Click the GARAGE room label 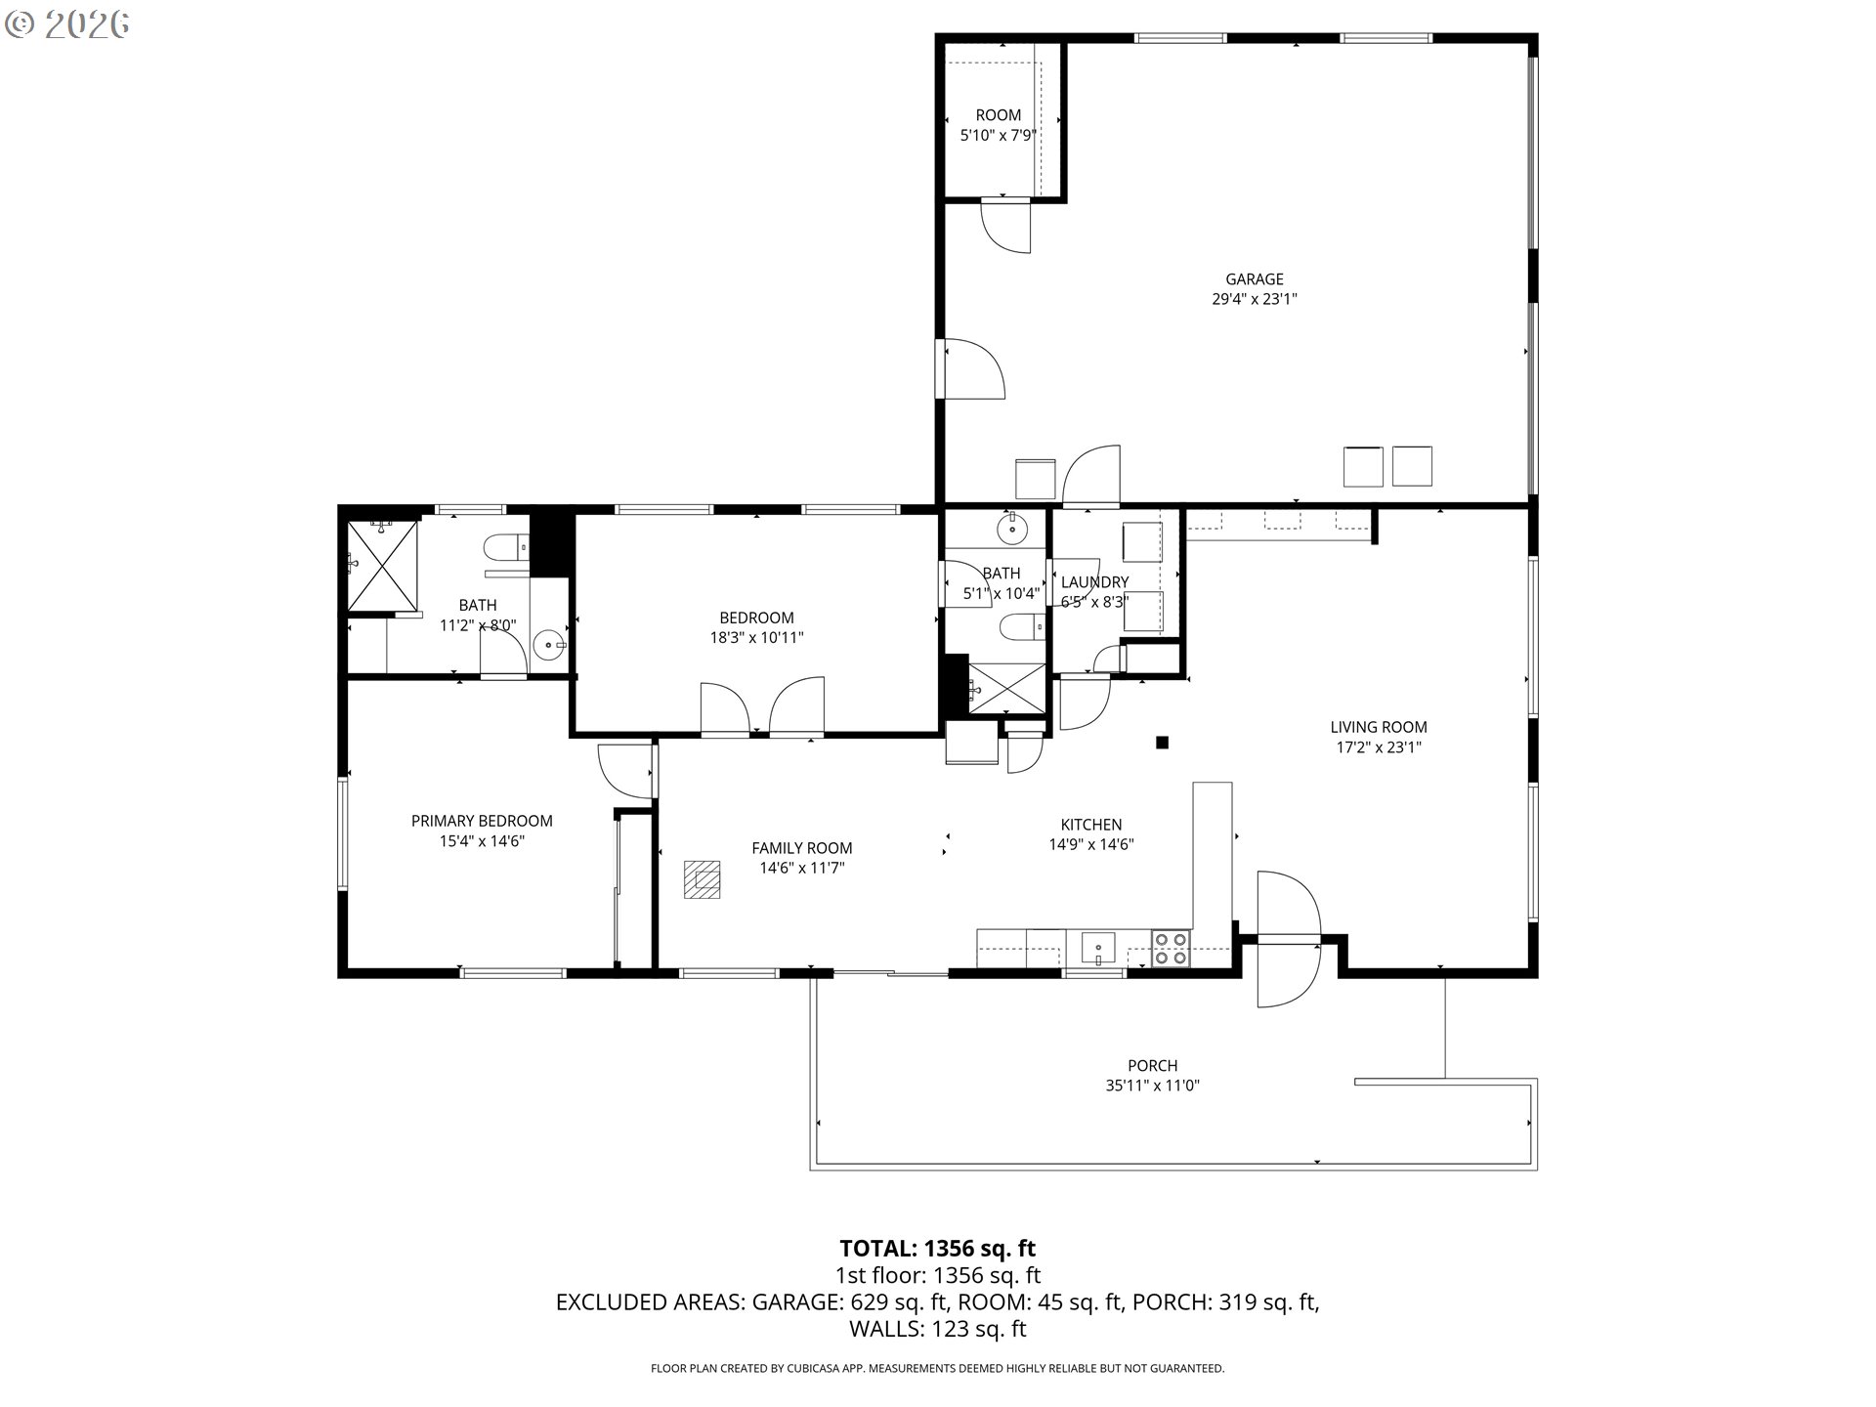click(x=1255, y=279)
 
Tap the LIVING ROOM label click(x=1379, y=727)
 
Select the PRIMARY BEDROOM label click(x=482, y=821)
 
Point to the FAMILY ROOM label click(x=802, y=848)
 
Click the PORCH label click(x=1153, y=1065)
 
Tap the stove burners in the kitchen click(x=1171, y=948)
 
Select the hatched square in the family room click(x=702, y=878)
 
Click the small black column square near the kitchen click(x=1163, y=743)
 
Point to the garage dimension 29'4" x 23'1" click(x=1255, y=300)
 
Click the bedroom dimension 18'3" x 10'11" click(x=756, y=638)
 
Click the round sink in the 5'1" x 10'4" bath click(x=1012, y=529)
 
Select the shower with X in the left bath click(x=383, y=565)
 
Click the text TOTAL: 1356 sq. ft click(x=937, y=1249)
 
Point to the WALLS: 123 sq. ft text click(x=937, y=1329)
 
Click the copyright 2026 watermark click(x=66, y=24)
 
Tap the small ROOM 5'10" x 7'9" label click(x=999, y=125)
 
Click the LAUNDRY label click(x=1094, y=582)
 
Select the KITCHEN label click(x=1091, y=825)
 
